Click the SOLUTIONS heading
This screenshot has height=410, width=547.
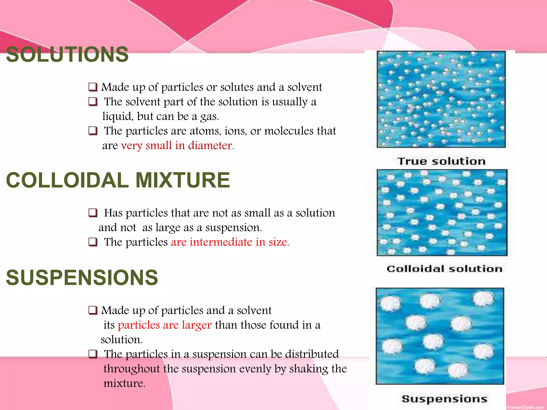pos(67,54)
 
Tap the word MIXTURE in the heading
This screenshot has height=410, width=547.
pos(183,180)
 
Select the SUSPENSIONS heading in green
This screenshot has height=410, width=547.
pos(82,278)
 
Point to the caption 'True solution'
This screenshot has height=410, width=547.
pos(441,161)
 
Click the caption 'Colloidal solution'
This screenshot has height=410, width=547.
pos(444,269)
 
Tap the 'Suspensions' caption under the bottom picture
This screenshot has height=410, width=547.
pos(444,399)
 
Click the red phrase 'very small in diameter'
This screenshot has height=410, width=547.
pos(177,145)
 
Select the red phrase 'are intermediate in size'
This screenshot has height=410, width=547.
pos(230,242)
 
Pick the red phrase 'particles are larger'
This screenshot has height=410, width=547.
pos(165,325)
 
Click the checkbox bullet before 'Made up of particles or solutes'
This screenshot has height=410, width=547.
pos(93,87)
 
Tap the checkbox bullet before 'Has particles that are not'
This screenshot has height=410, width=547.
pos(93,213)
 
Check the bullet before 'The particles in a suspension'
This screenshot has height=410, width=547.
pos(93,354)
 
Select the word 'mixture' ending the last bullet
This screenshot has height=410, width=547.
pos(124,384)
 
